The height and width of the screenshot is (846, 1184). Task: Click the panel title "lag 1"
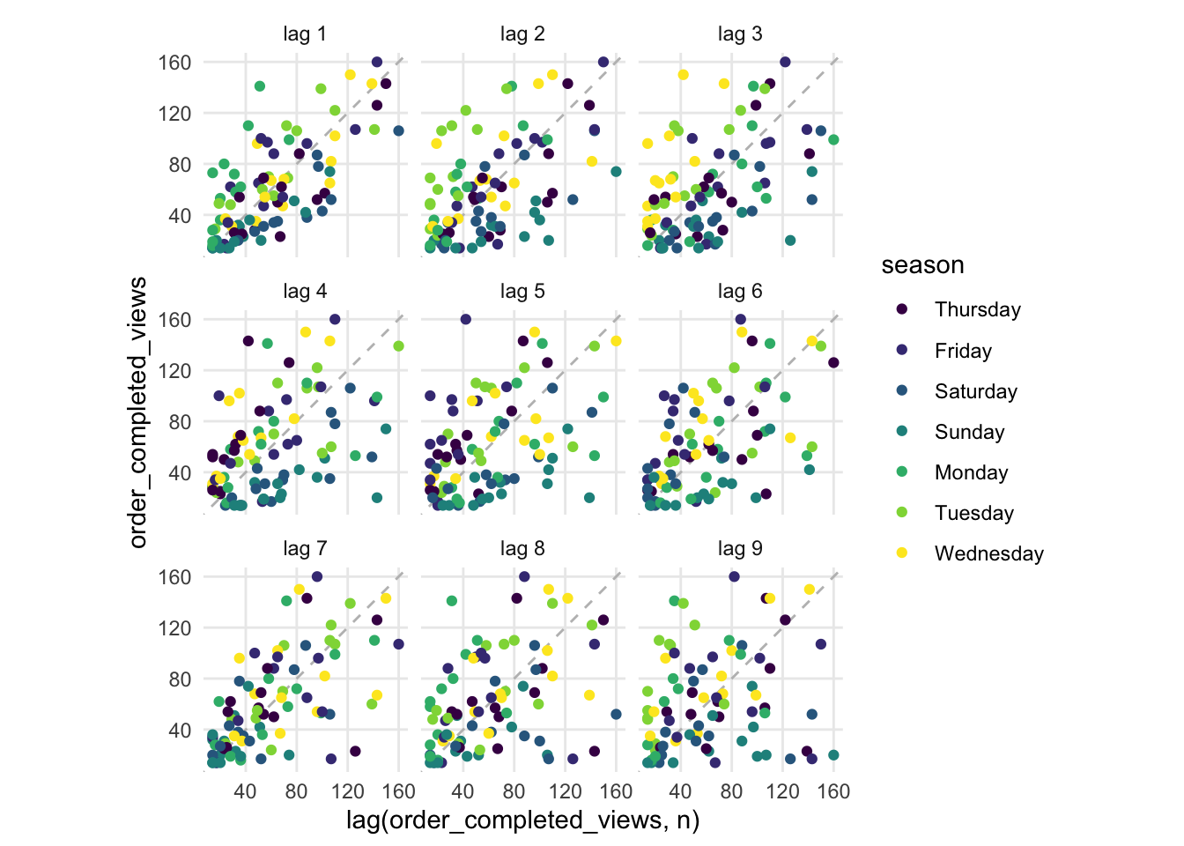tap(305, 34)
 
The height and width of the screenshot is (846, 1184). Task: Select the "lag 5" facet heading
tap(522, 292)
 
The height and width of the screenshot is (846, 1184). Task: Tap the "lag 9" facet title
tap(740, 549)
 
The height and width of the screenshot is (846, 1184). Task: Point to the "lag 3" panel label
tap(740, 34)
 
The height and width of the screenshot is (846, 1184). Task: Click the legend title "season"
tap(922, 265)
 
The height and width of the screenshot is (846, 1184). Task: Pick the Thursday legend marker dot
tap(901, 309)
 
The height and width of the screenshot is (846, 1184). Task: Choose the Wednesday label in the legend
tap(989, 553)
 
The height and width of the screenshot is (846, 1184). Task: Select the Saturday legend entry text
tap(976, 391)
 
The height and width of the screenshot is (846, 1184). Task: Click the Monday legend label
tap(971, 472)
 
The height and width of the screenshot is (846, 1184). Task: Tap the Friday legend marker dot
tap(901, 351)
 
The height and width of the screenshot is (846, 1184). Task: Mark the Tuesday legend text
tap(974, 513)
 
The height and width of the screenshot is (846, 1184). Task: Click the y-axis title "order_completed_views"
tap(138, 412)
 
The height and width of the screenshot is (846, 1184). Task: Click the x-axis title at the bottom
tap(522, 820)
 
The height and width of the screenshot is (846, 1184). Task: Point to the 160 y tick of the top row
tap(174, 63)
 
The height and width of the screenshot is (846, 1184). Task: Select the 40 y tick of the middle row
tap(180, 473)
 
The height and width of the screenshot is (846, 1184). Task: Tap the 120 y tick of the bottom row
tap(174, 628)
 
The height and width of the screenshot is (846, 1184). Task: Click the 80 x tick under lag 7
tap(296, 790)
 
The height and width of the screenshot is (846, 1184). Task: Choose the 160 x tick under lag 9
tap(833, 790)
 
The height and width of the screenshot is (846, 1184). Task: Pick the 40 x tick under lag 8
tap(462, 790)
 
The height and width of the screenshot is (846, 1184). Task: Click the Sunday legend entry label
tap(969, 432)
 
